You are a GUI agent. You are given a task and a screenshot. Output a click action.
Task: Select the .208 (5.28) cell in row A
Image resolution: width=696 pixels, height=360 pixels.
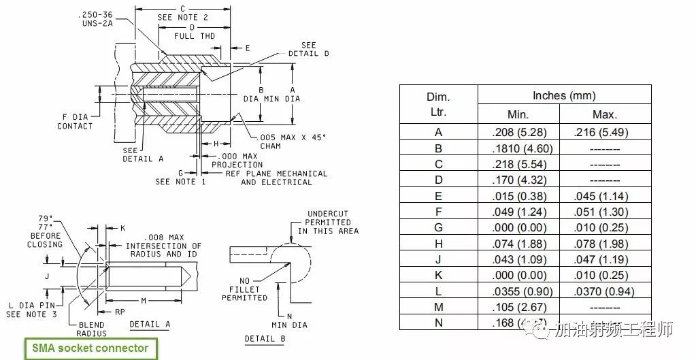[x=518, y=132]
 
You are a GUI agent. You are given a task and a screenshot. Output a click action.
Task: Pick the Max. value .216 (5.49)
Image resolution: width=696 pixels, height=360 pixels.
[x=601, y=132]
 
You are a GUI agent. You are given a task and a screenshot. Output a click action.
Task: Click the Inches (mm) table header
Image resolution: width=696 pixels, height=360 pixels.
[x=564, y=95]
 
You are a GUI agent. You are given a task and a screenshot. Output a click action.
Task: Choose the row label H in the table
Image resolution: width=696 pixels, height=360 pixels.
[x=438, y=244]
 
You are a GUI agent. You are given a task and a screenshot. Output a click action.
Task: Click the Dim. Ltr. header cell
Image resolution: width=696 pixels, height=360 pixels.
[x=438, y=104]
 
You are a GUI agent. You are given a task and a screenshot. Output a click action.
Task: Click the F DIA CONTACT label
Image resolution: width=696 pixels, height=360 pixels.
[x=75, y=121]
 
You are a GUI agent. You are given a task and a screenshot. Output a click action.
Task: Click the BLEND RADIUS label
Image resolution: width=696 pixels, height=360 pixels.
[x=91, y=329]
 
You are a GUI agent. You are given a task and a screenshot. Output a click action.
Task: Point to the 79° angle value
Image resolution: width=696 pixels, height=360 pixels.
[x=46, y=218]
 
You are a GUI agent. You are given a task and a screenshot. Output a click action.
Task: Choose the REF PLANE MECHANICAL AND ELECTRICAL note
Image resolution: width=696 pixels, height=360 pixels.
[x=276, y=178]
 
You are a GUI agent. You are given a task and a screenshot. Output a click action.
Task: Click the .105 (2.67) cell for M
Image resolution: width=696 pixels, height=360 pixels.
[x=518, y=308]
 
